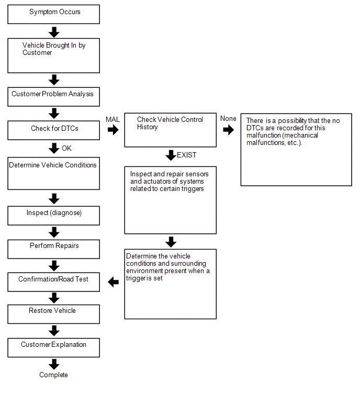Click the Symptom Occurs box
[x=54, y=14]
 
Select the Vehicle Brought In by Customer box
[x=54, y=55]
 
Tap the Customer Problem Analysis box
[x=54, y=97]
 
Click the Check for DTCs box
[x=54, y=130]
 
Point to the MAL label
[x=113, y=119]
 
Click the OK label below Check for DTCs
[x=67, y=148]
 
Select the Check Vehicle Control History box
[x=170, y=130]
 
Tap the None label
[x=228, y=118]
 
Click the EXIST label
[x=186, y=155]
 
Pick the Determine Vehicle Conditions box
[x=54, y=174]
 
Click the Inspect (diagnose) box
[x=54, y=216]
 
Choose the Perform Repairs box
[x=54, y=249]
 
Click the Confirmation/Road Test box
[x=54, y=282]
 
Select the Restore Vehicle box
[x=54, y=314]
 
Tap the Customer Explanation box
[x=54, y=347]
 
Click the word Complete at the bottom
[x=53, y=375]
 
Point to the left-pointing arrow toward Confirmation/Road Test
[x=114, y=282]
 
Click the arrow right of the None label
[x=229, y=130]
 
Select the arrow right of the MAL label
[x=113, y=130]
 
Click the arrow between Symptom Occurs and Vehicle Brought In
[x=54, y=32]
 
